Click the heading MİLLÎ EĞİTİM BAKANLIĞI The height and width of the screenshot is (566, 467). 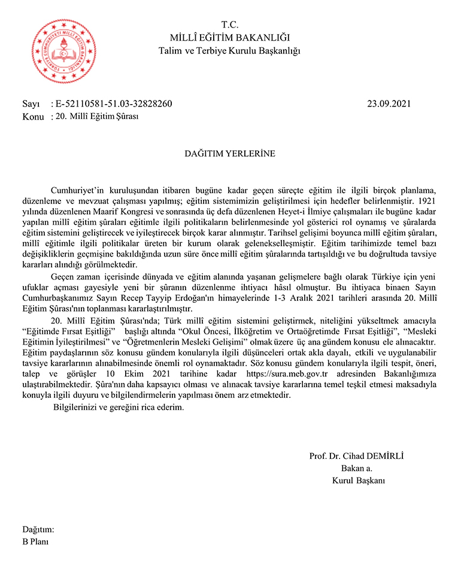pyautogui.click(x=230, y=38)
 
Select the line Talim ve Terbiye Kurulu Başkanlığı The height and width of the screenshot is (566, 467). pyautogui.click(x=230, y=51)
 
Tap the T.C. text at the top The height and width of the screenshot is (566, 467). pyautogui.click(x=230, y=25)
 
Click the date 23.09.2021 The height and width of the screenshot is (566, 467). pyautogui.click(x=389, y=104)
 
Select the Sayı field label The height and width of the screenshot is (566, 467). pyautogui.click(x=31, y=104)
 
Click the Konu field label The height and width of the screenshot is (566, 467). pyautogui.click(x=33, y=117)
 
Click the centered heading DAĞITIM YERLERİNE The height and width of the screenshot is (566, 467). pyautogui.click(x=229, y=154)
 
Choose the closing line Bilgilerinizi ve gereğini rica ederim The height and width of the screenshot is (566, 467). pyautogui.click(x=119, y=407)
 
